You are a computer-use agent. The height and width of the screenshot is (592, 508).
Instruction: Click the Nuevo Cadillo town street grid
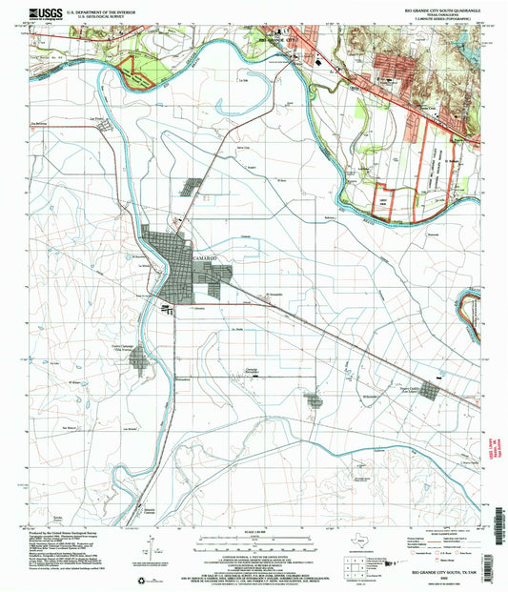pyautogui.click(x=433, y=392)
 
